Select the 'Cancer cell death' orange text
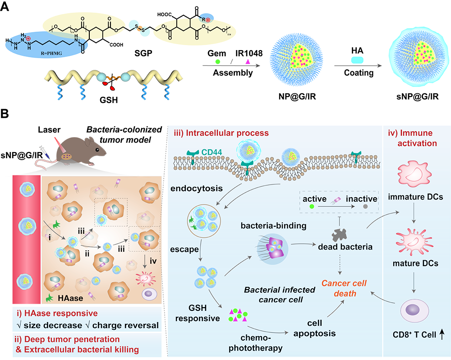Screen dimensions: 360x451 (344, 289)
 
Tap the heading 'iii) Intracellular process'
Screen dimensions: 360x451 (221, 134)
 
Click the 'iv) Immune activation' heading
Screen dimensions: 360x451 (412, 138)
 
